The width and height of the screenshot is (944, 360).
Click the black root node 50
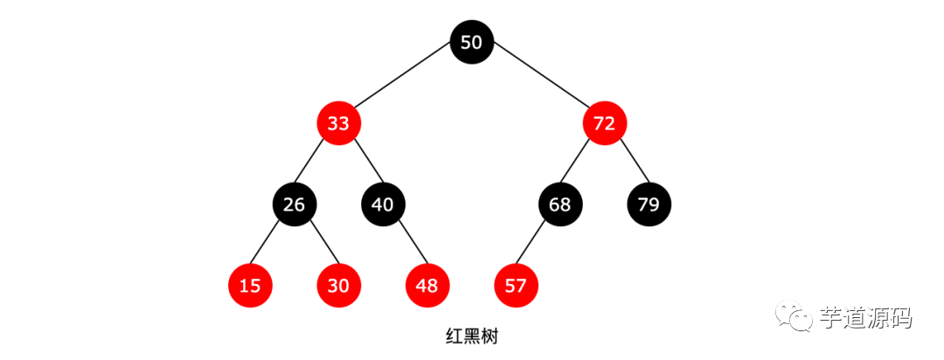pyautogui.click(x=471, y=42)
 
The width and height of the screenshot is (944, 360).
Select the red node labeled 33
pyautogui.click(x=338, y=123)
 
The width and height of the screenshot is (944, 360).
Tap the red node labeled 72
pyautogui.click(x=605, y=123)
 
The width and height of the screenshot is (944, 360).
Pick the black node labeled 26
pyautogui.click(x=295, y=204)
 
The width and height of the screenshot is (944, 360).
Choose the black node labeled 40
pyautogui.click(x=383, y=204)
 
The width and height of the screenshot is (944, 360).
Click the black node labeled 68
pyautogui.click(x=560, y=204)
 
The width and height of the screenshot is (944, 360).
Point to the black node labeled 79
pyautogui.click(x=649, y=204)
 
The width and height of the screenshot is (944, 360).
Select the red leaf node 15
pyautogui.click(x=250, y=286)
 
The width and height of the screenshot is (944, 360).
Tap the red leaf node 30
pyautogui.click(x=338, y=286)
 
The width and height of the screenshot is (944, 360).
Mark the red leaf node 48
pyautogui.click(x=427, y=286)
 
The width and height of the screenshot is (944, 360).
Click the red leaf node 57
pyautogui.click(x=516, y=286)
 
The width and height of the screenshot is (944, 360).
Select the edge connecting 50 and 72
pyautogui.click(x=538, y=82)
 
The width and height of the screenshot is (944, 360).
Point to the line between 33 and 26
pyautogui.click(x=316, y=163)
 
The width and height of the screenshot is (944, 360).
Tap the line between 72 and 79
pyautogui.click(x=628, y=163)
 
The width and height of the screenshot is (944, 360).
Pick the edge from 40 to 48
pyautogui.click(x=406, y=246)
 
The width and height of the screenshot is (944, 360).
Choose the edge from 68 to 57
pyautogui.click(x=538, y=246)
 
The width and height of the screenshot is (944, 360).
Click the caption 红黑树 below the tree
pyautogui.click(x=471, y=336)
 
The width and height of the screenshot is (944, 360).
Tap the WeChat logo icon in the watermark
pyautogui.click(x=797, y=318)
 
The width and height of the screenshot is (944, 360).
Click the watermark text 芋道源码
pyautogui.click(x=865, y=318)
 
